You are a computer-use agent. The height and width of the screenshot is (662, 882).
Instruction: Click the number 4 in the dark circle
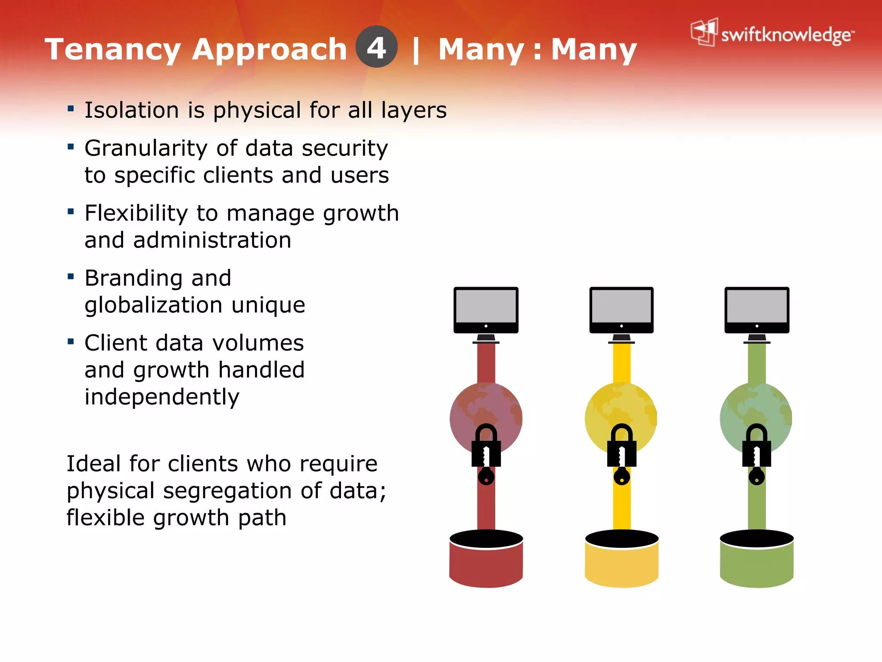click(x=376, y=47)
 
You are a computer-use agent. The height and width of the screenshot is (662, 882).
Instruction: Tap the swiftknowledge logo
click(x=772, y=33)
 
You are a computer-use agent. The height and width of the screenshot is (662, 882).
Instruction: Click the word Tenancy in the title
click(x=113, y=50)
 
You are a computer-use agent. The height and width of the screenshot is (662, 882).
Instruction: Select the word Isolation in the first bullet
click(x=131, y=110)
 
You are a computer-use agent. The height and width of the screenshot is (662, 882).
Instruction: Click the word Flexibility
click(x=136, y=213)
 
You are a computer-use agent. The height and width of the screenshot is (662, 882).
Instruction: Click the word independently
click(x=161, y=397)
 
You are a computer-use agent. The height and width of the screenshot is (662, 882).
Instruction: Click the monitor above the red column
click(x=486, y=310)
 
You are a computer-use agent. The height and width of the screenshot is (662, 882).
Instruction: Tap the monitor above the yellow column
click(x=621, y=310)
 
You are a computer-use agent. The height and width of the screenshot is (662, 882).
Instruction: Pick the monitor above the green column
click(x=757, y=310)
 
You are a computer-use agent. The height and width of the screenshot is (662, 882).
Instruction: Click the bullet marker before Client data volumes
click(x=71, y=342)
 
